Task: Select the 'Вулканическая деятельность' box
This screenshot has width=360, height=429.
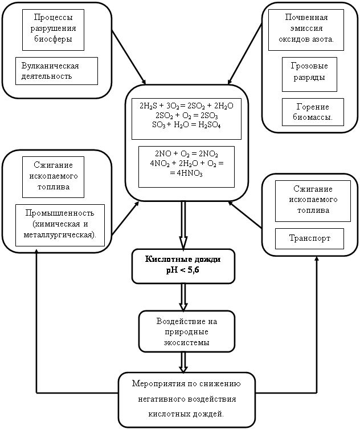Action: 56,71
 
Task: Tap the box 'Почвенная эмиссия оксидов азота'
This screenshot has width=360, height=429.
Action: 306,29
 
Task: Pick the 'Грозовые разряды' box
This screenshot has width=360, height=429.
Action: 309,74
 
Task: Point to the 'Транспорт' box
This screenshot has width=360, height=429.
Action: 309,238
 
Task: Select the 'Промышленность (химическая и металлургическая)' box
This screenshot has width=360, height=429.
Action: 60,224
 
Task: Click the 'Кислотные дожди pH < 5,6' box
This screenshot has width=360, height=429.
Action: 183,266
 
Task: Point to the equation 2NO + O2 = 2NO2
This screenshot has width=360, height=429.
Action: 186,155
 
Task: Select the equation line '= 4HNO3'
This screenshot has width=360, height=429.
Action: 186,175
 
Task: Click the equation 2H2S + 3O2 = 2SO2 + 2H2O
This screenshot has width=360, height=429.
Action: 186,106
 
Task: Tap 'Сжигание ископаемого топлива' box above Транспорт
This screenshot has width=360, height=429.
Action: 309,200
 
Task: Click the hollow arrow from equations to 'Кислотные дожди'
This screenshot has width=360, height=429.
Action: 183,224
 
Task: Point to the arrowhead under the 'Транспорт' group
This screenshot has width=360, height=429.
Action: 317,257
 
